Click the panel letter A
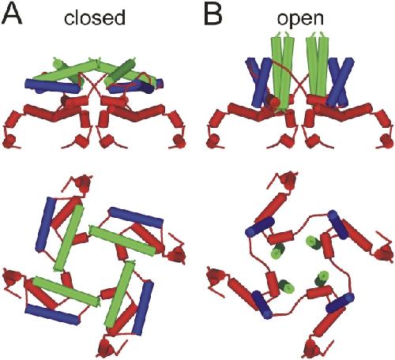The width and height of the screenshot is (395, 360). pos(11,14)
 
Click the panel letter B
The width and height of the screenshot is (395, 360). pos(214,14)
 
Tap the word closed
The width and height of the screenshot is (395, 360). pos(95,18)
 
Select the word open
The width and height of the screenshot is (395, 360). pos(300,19)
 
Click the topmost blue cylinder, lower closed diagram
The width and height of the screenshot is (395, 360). pos(135,217)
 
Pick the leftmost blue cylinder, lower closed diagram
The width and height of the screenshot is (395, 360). pos(46,224)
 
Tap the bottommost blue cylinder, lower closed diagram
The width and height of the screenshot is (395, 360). pos(52,315)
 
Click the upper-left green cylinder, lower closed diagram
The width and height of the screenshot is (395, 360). pos(69,238)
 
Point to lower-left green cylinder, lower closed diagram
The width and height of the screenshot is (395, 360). pos(66,291)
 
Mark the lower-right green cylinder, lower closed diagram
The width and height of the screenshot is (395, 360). pos(120,294)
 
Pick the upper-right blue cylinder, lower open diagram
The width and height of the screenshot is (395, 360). pos(339,224)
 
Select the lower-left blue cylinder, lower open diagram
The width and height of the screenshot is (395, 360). pos(261,304)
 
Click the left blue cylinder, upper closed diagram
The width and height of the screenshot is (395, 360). pos(53,86)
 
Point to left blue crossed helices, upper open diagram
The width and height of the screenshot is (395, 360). pos(258,83)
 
